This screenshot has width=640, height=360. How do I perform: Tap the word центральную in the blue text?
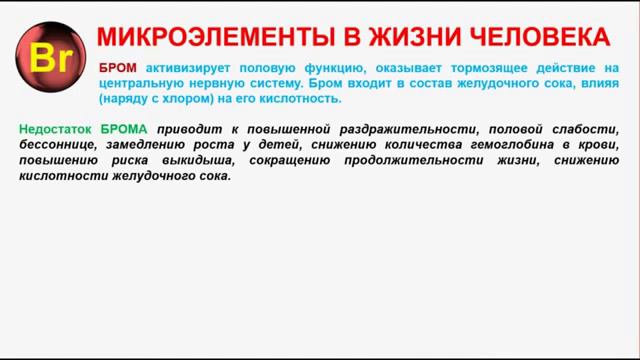coord(141,84)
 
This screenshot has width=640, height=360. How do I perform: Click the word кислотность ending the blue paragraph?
coord(305,100)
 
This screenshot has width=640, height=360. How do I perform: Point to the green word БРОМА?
coord(123,129)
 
